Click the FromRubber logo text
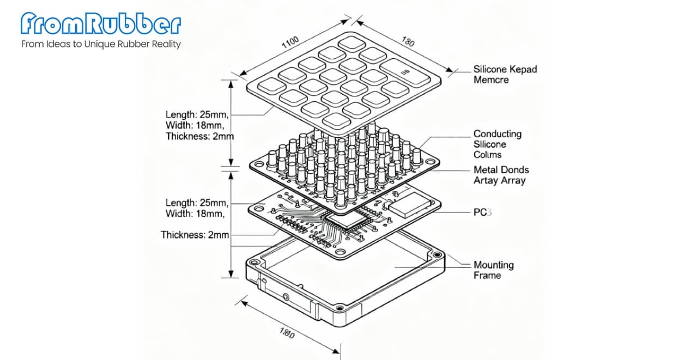pos(101,23)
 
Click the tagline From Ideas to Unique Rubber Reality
pos(101,44)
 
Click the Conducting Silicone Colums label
pos(497,144)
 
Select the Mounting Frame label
pos(493,270)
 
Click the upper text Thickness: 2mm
pos(199,136)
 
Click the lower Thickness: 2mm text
pos(195,235)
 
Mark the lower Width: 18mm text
pos(195,213)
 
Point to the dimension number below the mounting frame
pos(286,333)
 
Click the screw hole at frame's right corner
pos(437,254)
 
